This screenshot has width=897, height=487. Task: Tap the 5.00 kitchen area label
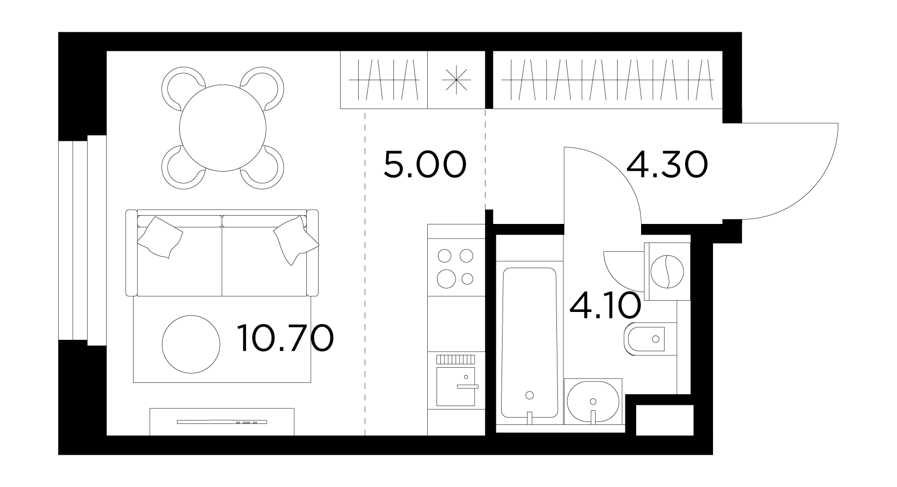424,165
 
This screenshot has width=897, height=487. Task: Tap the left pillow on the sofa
160,237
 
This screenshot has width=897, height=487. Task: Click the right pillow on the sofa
296,240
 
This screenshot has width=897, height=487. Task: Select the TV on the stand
222,421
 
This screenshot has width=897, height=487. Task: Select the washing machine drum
667,272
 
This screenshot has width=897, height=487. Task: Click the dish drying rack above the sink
456,359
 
